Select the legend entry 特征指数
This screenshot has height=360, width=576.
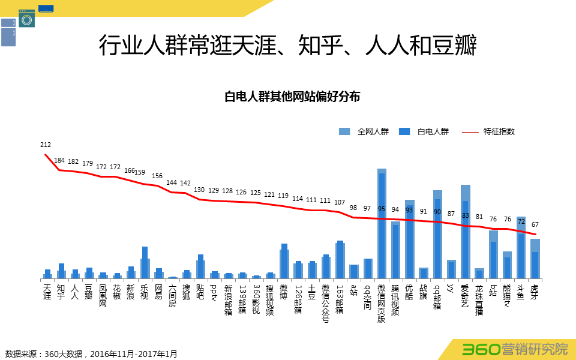pyautogui.click(x=499, y=131)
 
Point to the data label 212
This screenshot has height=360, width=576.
pyautogui.click(x=46, y=145)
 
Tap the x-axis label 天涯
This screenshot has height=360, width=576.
pyautogui.click(x=47, y=292)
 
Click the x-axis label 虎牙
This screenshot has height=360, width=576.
pyautogui.click(x=535, y=292)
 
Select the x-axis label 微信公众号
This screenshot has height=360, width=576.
pyautogui.click(x=326, y=303)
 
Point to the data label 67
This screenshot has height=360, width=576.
pyautogui.click(x=535, y=224)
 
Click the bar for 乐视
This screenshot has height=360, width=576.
pyautogui.click(x=145, y=264)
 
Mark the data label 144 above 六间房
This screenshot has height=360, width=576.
pyautogui.click(x=172, y=183)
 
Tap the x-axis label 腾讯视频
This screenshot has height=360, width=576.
pyautogui.click(x=395, y=300)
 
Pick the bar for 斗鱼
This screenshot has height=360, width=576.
pyautogui.click(x=521, y=249)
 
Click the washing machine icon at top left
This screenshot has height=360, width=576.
pyautogui.click(x=26, y=19)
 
